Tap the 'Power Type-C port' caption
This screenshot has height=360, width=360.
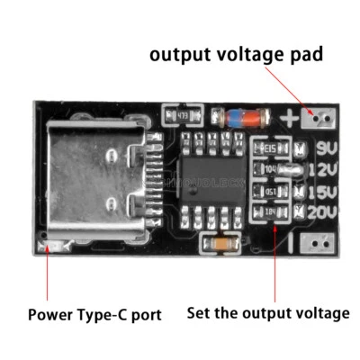coord(94,315)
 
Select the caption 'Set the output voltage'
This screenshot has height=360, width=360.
coord(267,314)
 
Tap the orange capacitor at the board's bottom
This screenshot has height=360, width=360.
coord(220,244)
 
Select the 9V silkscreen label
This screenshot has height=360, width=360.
coord(328,148)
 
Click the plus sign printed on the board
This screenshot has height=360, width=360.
coord(290,117)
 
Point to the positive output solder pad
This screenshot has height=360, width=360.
coord(319,117)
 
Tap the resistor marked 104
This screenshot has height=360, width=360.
coord(268,169)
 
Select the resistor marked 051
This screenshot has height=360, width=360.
coord(268,191)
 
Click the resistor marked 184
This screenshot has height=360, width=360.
coord(268,212)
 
